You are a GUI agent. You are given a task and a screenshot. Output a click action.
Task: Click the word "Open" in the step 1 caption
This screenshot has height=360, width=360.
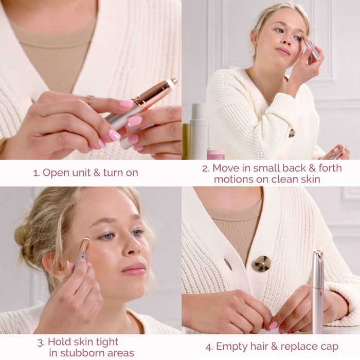(56, 173)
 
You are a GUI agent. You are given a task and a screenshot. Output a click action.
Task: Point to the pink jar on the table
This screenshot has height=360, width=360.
(216, 154)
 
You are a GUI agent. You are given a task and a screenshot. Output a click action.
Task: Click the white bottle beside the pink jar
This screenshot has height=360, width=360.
(199, 132)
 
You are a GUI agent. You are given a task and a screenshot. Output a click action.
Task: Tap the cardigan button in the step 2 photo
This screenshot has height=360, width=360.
(292, 133)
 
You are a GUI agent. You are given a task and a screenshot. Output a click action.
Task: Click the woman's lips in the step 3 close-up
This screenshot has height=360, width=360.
(133, 269)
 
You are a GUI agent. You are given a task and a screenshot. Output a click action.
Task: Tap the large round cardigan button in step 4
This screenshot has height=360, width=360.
(262, 263)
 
